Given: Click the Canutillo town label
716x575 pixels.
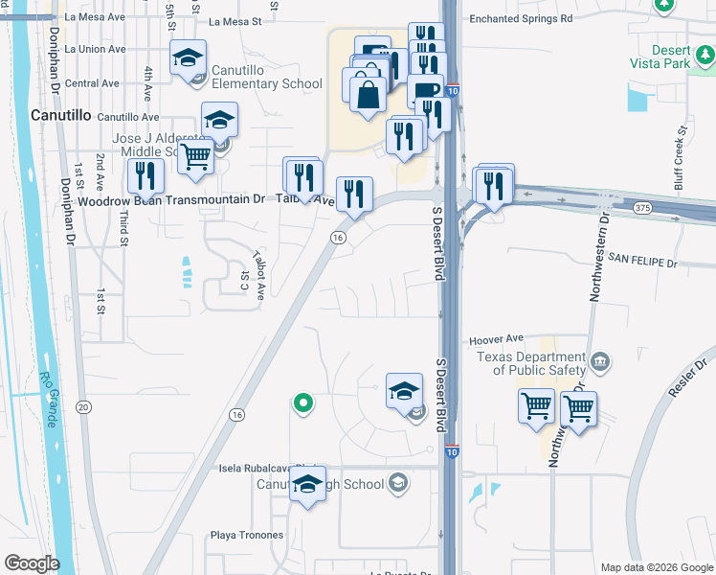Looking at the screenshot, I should (x=61, y=115).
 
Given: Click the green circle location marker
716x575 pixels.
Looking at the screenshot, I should (x=303, y=403).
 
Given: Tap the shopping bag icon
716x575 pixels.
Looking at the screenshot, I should (x=367, y=95).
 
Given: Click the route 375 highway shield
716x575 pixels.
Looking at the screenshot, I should (x=642, y=208).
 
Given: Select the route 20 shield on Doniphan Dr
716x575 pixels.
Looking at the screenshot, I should (x=84, y=407).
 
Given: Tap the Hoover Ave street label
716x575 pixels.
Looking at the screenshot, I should (x=496, y=339).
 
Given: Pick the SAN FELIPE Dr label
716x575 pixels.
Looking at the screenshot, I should (x=642, y=261).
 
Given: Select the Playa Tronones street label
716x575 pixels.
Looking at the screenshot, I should (x=247, y=535).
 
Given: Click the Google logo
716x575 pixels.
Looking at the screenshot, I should (x=32, y=563).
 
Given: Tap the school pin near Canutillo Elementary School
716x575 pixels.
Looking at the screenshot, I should (x=189, y=59).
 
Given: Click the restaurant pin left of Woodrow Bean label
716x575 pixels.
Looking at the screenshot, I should (x=145, y=175).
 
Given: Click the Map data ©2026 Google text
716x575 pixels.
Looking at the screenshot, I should (x=656, y=567).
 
